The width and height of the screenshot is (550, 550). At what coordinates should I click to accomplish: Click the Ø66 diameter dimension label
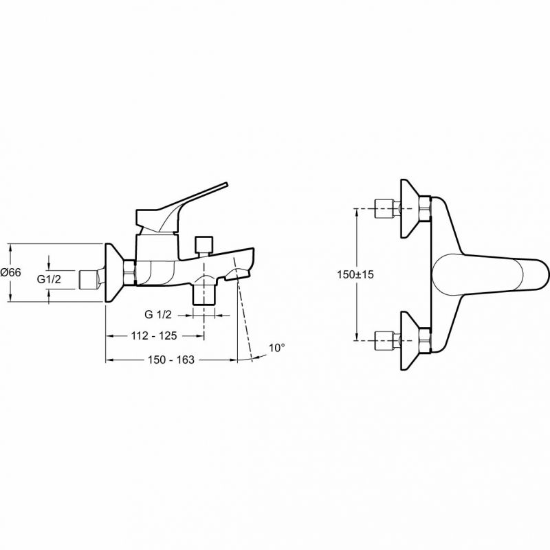(11, 272)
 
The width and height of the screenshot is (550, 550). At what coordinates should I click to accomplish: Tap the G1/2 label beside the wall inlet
(49, 279)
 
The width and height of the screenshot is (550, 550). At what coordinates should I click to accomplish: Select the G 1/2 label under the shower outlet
(158, 315)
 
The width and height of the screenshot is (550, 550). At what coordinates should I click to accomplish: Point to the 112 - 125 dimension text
(154, 336)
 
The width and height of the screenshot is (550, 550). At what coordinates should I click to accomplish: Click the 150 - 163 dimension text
(170, 360)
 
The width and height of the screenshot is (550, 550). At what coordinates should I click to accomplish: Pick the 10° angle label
(277, 348)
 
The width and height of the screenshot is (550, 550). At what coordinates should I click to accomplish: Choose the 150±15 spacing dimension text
(355, 274)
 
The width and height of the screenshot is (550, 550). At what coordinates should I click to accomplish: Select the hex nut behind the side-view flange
(130, 272)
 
